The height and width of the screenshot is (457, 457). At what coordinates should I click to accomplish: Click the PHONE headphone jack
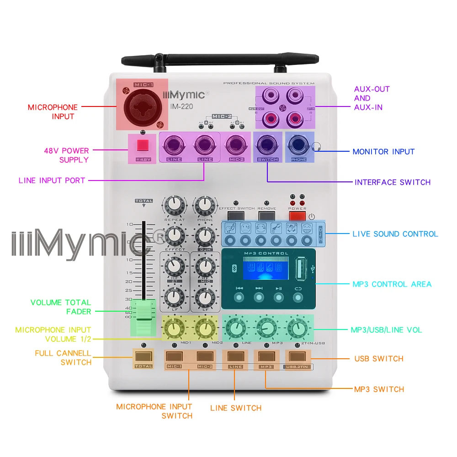299,146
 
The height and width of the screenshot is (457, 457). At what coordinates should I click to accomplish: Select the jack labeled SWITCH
267,146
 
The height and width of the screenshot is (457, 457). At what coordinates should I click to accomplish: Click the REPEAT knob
174,206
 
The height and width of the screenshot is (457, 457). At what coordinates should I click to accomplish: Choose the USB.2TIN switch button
298,356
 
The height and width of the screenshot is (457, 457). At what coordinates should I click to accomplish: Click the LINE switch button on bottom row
235,356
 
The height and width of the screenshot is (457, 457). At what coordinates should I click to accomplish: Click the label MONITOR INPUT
383,152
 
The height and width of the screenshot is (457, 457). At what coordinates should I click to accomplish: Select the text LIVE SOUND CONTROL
395,234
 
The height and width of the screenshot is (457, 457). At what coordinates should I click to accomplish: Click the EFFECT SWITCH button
236,216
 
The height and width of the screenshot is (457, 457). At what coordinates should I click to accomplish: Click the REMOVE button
267,216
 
